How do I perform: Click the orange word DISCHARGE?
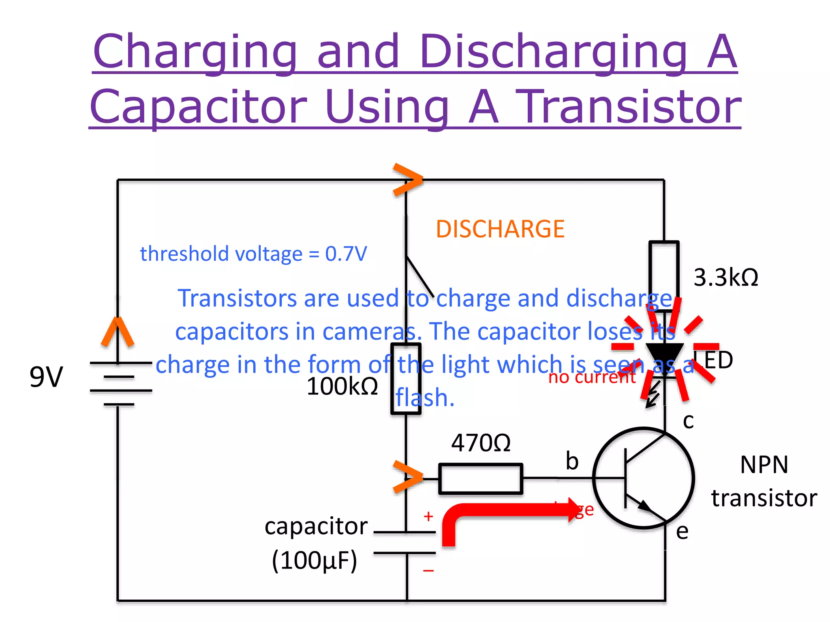tap(500, 229)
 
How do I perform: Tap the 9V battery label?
tap(46, 377)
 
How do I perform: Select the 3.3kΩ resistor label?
tap(725, 278)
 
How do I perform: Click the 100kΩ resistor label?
tap(342, 386)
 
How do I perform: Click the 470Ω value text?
tap(481, 443)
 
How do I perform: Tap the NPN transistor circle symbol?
tap(643, 478)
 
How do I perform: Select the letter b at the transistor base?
tap(572, 461)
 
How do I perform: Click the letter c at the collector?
tap(688, 421)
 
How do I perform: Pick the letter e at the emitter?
tap(682, 531)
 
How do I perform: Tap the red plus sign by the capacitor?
tap(428, 516)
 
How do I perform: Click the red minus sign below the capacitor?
tap(428, 571)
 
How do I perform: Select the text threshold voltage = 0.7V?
tap(253, 254)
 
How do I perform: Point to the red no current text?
tap(592, 377)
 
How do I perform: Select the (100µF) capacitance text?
tap(314, 561)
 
